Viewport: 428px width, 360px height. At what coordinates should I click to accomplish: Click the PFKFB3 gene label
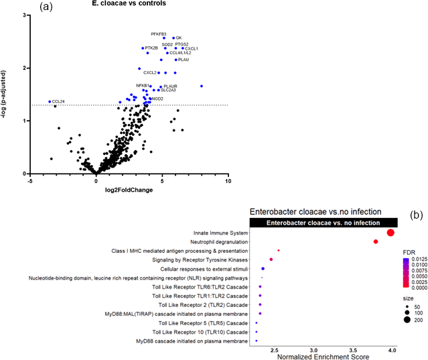pyautogui.click(x=159, y=34)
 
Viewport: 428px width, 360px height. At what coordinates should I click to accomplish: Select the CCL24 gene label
pyautogui.click(x=58, y=102)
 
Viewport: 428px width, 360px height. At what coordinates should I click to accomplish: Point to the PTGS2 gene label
pyautogui.click(x=182, y=44)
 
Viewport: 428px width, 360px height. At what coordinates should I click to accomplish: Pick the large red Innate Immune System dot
pyautogui.click(x=390, y=232)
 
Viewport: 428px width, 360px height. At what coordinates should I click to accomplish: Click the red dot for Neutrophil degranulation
pyautogui.click(x=376, y=241)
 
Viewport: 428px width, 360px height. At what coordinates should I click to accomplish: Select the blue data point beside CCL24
pyautogui.click(x=50, y=102)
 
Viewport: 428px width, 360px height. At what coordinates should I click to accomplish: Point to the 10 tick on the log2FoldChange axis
pyautogui.click(x=228, y=182)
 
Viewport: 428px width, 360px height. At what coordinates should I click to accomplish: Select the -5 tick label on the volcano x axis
pyautogui.click(x=29, y=182)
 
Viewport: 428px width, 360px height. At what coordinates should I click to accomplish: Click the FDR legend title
pyautogui.click(x=409, y=252)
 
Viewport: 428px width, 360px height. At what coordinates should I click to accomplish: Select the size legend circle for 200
pyautogui.click(x=407, y=320)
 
